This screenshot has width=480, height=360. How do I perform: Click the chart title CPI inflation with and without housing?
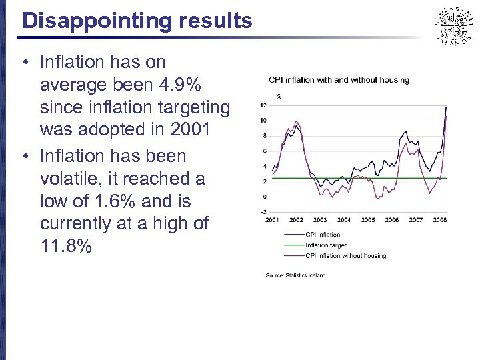click(339, 80)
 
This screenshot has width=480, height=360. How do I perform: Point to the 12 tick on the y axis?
click(264, 105)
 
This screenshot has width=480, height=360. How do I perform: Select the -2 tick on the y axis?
click(264, 212)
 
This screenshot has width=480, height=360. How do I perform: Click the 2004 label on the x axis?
click(344, 220)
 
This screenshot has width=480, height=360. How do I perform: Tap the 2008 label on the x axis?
click(439, 220)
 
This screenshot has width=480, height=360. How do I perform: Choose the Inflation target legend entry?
click(326, 245)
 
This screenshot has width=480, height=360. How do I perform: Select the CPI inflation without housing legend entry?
click(345, 255)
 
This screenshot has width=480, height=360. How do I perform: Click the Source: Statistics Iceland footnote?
click(295, 275)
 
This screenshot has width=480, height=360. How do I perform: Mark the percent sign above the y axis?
click(279, 96)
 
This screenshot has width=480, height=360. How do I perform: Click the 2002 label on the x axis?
click(296, 220)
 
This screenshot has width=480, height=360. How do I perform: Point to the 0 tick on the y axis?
click(265, 197)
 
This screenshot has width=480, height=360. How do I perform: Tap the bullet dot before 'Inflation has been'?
click(23, 156)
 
